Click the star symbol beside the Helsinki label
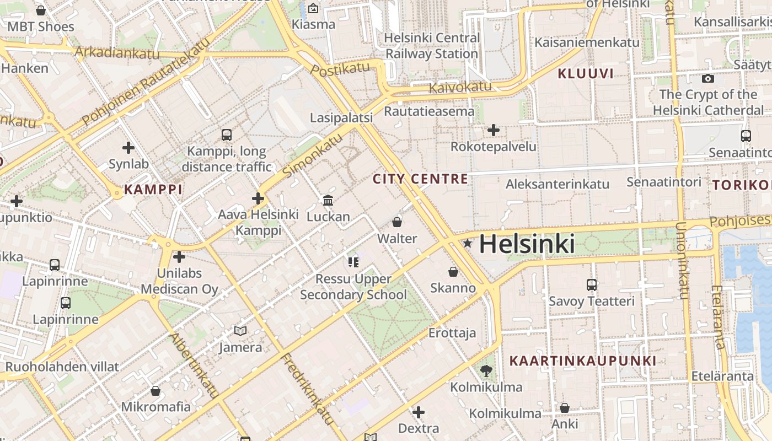[x=468, y=243]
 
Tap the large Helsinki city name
[x=527, y=244]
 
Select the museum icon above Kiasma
[x=313, y=8]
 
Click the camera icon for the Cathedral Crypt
[x=708, y=78]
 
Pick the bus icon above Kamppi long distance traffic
[x=226, y=135]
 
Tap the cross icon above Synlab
[x=128, y=148]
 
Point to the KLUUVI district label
[x=585, y=73]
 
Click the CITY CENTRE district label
[x=420, y=179]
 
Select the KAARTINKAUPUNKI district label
[x=583, y=361]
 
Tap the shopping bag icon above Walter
[x=396, y=222]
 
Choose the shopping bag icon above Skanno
[x=453, y=272]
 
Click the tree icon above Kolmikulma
[x=486, y=370]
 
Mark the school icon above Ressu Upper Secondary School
[x=353, y=262]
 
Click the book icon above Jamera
[x=240, y=331]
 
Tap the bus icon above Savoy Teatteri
[x=591, y=285]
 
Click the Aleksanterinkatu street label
[x=557, y=184]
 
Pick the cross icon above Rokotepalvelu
[x=494, y=131]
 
